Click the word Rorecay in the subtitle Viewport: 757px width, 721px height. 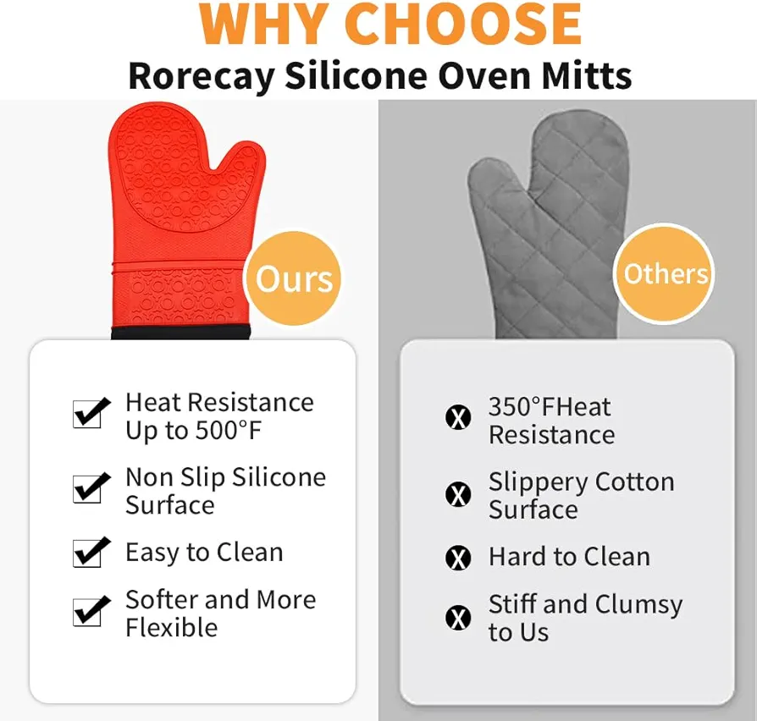202,76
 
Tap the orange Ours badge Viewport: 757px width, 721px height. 293,278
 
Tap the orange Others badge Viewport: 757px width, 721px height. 665,273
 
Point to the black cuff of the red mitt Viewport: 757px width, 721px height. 180,333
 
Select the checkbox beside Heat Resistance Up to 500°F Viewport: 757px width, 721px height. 91,413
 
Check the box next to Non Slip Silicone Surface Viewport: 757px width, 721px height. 91,488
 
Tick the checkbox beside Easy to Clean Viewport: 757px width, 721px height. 91,552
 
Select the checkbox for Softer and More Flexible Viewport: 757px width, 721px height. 91,611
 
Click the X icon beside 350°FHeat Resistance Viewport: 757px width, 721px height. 458,417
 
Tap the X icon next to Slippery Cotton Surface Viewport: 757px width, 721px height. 458,494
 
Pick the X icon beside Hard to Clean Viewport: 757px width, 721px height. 458,559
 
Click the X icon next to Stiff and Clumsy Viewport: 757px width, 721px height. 458,617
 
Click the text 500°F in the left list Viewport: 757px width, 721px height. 228,431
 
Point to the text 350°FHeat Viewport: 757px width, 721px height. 550,407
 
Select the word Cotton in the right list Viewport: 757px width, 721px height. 634,482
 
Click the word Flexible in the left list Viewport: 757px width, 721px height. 171,627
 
